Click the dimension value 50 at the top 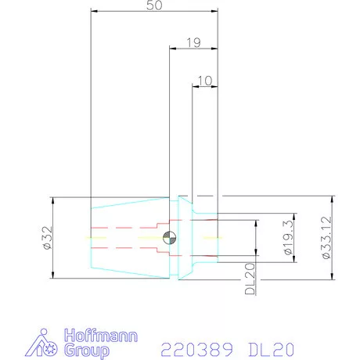154,5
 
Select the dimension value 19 193,43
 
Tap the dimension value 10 205,81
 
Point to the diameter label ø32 48,238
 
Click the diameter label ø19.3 288,237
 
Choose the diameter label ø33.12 326,237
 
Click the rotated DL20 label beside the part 250,279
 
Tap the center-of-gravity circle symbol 169,238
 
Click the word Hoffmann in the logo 101,336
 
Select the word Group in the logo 87,351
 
